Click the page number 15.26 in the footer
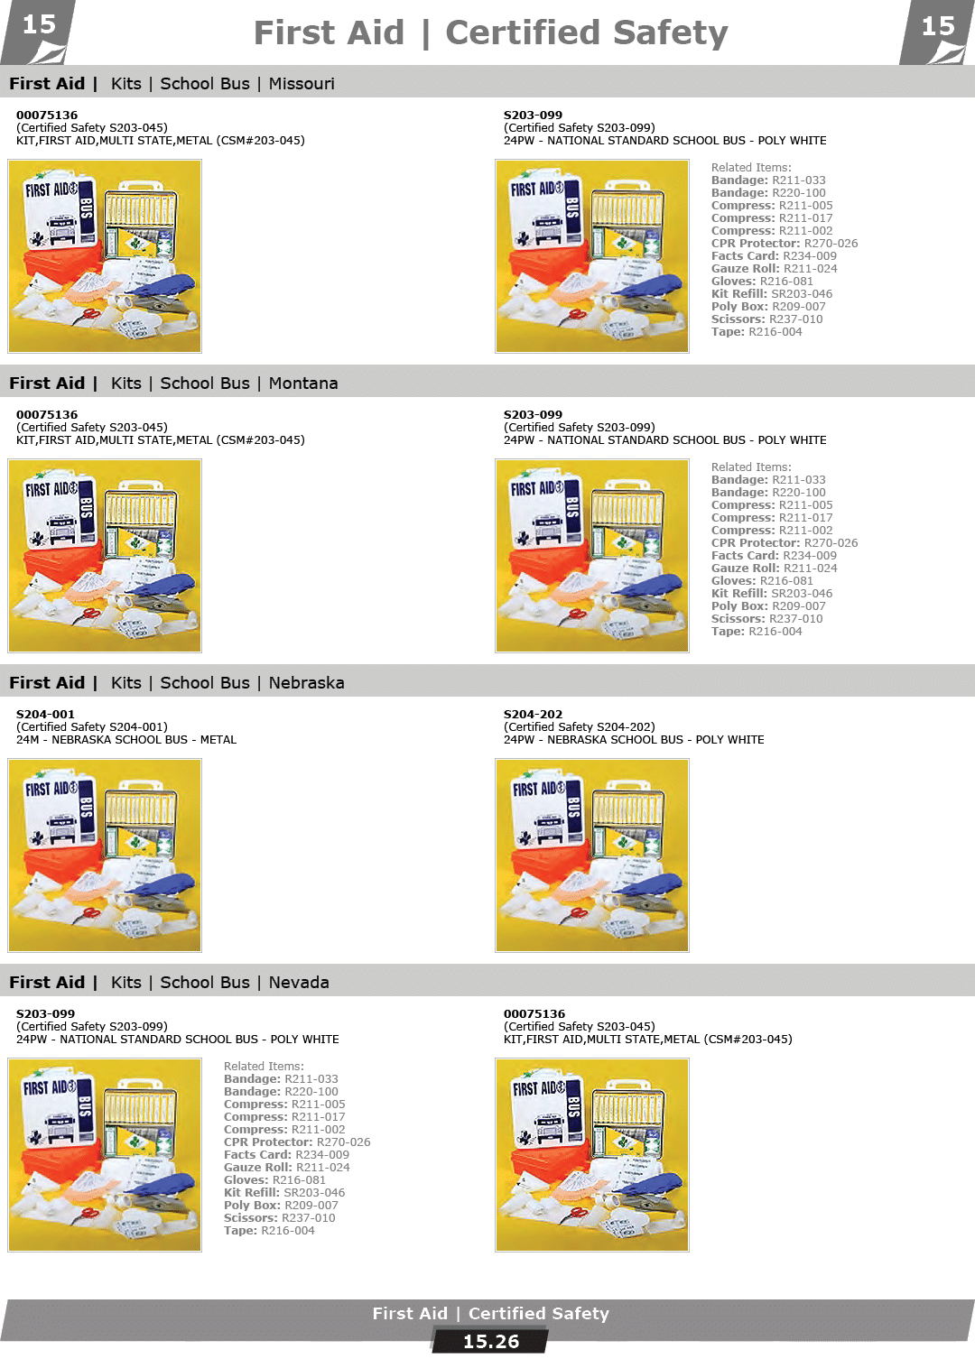pyautogui.click(x=490, y=1341)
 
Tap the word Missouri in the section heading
pyautogui.click(x=302, y=84)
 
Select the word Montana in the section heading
pyautogui.click(x=303, y=384)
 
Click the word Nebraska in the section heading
pyautogui.click(x=306, y=683)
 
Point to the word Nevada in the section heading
pyautogui.click(x=299, y=983)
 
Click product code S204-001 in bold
pyautogui.click(x=45, y=714)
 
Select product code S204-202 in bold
pyautogui.click(x=533, y=714)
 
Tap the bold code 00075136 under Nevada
pyautogui.click(x=534, y=1013)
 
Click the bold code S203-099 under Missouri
pyautogui.click(x=533, y=115)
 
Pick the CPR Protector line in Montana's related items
pyautogui.click(x=785, y=543)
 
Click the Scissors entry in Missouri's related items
pyautogui.click(x=766, y=319)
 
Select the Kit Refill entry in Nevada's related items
pyautogui.click(x=284, y=1193)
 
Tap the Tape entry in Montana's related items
pyautogui.click(x=757, y=632)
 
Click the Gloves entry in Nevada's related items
pyautogui.click(x=274, y=1180)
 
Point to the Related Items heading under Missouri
pyautogui.click(x=751, y=168)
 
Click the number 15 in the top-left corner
pyautogui.click(x=39, y=25)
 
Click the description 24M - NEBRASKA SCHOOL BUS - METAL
pyautogui.click(x=126, y=740)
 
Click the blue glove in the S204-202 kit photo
pyautogui.click(x=647, y=883)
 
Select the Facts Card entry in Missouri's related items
pyautogui.click(x=774, y=256)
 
